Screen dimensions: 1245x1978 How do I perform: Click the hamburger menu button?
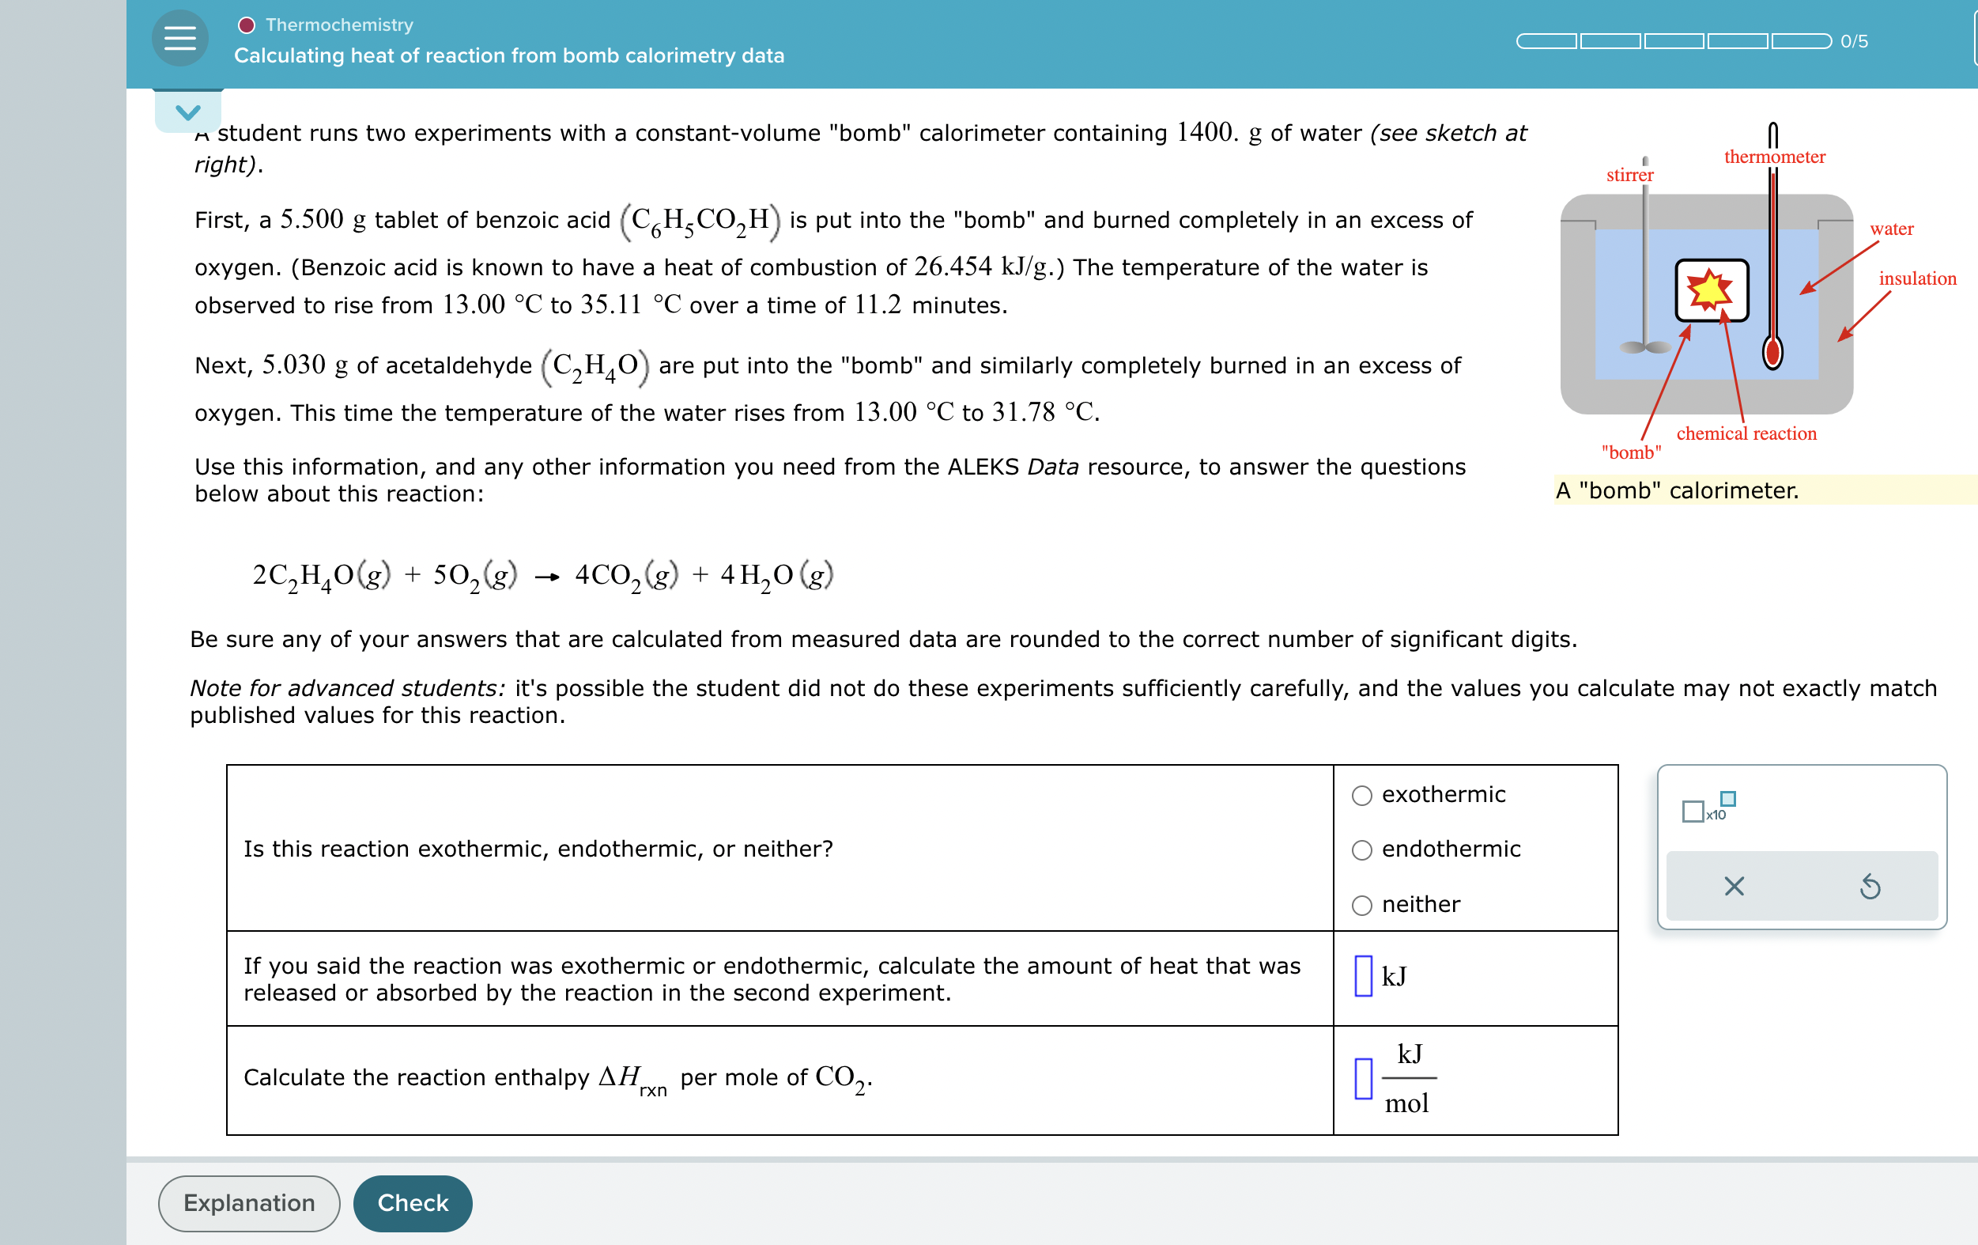click(180, 39)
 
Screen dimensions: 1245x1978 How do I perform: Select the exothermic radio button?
click(1362, 796)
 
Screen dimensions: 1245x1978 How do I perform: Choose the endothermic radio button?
click(1362, 850)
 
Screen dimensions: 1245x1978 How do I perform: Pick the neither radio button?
click(1362, 905)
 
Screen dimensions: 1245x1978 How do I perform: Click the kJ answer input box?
click(1363, 976)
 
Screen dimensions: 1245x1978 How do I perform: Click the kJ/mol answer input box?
click(1363, 1078)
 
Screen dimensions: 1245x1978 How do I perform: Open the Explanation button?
click(249, 1203)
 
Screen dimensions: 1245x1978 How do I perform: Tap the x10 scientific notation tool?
click(1708, 808)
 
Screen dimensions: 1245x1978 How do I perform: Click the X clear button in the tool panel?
click(1733, 886)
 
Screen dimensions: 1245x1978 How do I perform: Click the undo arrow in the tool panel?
click(1870, 886)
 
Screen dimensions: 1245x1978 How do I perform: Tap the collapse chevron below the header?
click(188, 112)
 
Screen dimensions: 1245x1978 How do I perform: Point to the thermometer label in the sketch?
click(1773, 157)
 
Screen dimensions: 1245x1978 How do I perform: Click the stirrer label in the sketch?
click(1629, 175)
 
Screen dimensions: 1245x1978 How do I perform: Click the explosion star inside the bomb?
click(1708, 289)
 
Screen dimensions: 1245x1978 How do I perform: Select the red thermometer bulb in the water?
click(1772, 353)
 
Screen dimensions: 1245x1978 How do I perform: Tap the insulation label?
click(1916, 278)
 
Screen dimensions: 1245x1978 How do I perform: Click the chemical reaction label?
click(1746, 433)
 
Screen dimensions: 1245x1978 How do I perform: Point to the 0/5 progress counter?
click(1853, 41)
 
